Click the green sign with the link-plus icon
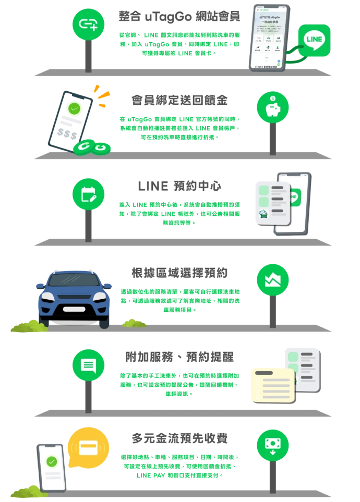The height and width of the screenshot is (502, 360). pyautogui.click(x=88, y=23)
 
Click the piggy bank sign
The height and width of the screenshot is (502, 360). pyautogui.click(x=272, y=107)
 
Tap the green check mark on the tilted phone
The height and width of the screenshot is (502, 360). pyautogui.click(x=74, y=109)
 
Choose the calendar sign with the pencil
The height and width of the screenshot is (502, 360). pyautogui.click(x=88, y=194)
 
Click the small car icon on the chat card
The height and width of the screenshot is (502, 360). pyautogui.click(x=263, y=214)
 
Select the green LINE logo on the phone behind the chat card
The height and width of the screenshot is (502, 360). pyautogui.click(x=294, y=197)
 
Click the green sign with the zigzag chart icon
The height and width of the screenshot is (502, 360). pyautogui.click(x=272, y=280)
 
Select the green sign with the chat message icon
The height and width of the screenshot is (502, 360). pyautogui.click(x=88, y=365)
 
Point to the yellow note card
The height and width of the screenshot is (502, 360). pyautogui.click(x=272, y=385)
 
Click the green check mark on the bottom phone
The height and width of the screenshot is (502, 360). pyautogui.click(x=52, y=461)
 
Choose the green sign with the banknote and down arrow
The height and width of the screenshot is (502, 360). pyautogui.click(x=272, y=444)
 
